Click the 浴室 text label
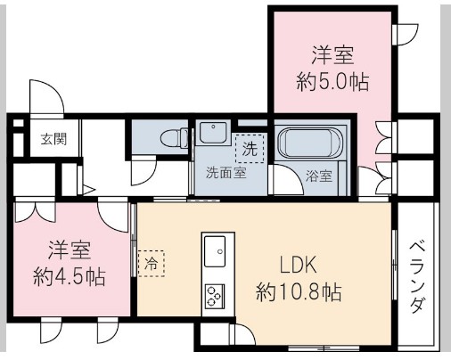(318, 175)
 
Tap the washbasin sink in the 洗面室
(213, 134)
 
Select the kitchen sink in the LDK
(217, 254)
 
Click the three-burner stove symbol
(217, 294)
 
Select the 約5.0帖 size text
(332, 80)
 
